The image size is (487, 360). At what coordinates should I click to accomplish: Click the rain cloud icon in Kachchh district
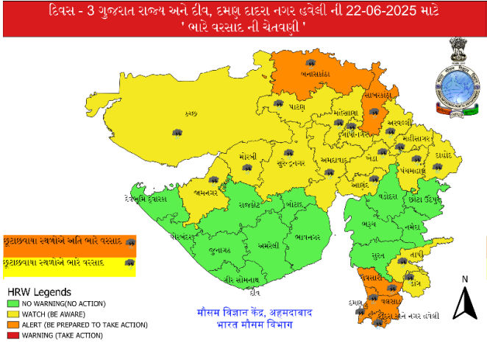[x=177, y=132]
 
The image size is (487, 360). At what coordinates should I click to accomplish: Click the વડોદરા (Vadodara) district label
[x=387, y=197]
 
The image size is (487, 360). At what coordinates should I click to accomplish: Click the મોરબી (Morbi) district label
[x=248, y=157]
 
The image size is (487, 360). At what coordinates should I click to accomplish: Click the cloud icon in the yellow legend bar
[x=130, y=262]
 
